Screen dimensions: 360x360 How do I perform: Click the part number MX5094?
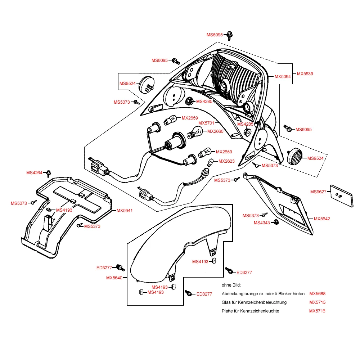(283, 77)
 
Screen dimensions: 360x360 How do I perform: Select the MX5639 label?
(305, 74)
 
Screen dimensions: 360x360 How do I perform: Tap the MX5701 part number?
(206, 123)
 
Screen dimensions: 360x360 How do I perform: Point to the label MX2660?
(215, 131)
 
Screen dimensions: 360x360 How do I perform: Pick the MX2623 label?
(226, 161)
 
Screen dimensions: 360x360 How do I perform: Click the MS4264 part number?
(34, 173)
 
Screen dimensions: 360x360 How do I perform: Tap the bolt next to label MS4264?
(49, 173)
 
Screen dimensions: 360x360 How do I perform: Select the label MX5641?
(125, 211)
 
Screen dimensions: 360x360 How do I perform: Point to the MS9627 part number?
(318, 192)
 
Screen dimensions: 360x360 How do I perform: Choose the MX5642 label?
(322, 219)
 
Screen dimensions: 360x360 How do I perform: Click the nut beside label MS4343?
(276, 222)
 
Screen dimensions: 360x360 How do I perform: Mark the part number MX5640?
(114, 278)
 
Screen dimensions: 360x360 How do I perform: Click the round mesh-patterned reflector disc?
(297, 156)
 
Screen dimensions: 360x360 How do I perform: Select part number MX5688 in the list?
(317, 294)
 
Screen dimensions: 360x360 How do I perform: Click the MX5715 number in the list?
(317, 302)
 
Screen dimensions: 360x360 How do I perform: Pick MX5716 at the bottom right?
(317, 311)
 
